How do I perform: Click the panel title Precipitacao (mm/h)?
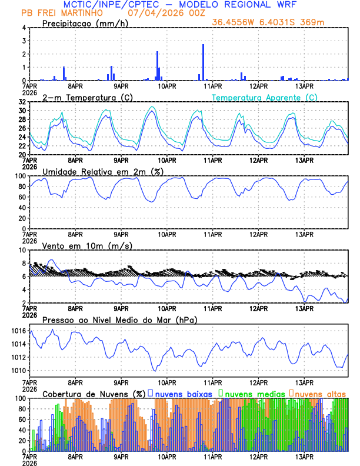click(x=81, y=24)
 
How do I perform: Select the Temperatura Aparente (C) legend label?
click(x=265, y=97)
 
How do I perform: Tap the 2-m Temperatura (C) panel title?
click(x=86, y=97)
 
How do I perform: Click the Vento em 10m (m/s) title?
click(x=87, y=245)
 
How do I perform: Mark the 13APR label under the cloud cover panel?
click(x=304, y=455)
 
